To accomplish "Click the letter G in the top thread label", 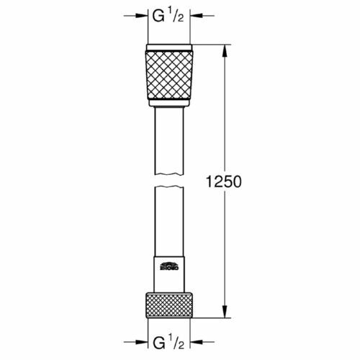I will (156, 17).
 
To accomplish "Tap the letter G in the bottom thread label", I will (156, 341).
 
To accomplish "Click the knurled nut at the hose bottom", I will (169, 305).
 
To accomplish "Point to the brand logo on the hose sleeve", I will (170, 266).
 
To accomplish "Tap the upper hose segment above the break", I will (169, 144).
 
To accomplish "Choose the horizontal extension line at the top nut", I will (212, 45).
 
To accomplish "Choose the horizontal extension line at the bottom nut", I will (212, 318).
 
